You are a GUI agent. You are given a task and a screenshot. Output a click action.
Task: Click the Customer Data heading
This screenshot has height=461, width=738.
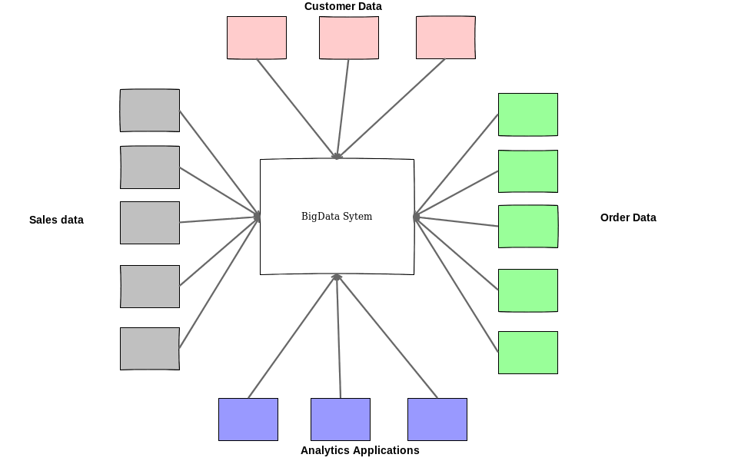point(343,7)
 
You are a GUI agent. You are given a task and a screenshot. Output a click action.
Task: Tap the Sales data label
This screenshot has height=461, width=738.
point(56,220)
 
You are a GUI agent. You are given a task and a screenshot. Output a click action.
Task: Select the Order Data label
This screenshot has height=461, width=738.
point(628,217)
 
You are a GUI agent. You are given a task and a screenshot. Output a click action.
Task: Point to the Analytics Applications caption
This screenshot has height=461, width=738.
point(360,450)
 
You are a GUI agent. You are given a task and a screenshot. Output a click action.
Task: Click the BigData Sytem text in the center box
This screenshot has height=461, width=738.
point(337,217)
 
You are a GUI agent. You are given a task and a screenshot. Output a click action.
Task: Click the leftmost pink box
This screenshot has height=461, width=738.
point(257,38)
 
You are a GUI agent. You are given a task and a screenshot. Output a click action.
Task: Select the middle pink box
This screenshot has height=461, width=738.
point(349,38)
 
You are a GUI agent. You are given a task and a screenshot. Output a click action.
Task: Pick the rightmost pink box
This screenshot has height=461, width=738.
point(446,38)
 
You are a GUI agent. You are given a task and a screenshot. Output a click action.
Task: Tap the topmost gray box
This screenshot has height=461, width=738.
point(150,111)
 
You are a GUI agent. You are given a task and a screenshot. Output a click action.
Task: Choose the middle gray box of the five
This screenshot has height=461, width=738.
point(150,223)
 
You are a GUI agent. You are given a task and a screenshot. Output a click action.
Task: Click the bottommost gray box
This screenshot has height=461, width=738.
point(150,349)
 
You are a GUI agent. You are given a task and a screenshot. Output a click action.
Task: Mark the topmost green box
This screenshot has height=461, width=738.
point(528,114)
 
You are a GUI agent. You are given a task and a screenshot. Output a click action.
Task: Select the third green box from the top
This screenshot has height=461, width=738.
point(528,226)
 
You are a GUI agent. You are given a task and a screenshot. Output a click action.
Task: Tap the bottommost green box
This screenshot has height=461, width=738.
point(528,353)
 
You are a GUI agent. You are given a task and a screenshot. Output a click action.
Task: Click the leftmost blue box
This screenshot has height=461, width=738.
point(248,420)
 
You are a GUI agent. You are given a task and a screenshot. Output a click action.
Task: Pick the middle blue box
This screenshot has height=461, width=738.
point(341,420)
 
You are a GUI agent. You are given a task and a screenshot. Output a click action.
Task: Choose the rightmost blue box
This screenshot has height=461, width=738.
point(437,420)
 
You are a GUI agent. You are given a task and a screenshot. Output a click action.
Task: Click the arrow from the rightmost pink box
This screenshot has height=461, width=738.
point(391,109)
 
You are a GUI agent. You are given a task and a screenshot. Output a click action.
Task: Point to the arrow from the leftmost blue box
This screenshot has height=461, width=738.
point(293,336)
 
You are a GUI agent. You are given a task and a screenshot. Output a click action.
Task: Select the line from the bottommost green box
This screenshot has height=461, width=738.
point(456,284)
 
